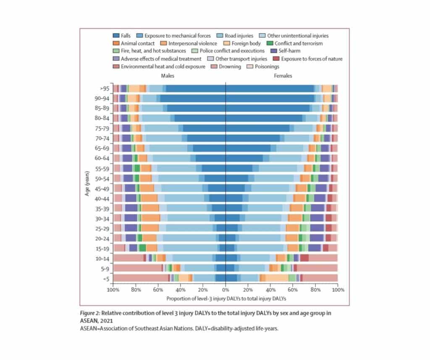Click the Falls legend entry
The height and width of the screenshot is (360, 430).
coord(125,36)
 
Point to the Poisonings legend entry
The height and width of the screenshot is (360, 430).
coord(267,66)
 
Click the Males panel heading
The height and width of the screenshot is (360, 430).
coord(168,76)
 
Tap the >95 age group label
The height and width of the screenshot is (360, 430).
coord(104,89)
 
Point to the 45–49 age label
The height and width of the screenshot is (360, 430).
coord(102,188)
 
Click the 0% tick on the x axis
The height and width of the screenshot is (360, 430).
coord(225,290)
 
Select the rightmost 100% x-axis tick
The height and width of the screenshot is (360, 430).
coord(337,290)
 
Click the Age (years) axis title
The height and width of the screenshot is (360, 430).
coord(87,183)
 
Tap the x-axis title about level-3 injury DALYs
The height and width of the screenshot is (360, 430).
coord(226,299)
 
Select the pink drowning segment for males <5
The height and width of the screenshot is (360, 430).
coord(140,277)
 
